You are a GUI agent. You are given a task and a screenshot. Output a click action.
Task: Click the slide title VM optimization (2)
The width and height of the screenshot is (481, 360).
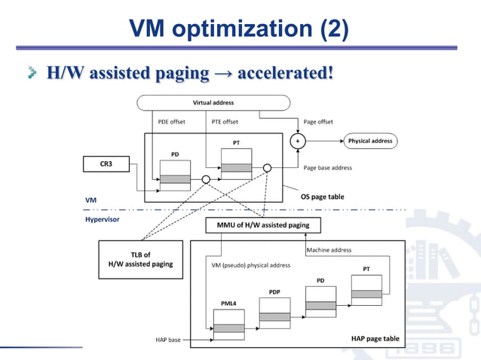coord(239,29)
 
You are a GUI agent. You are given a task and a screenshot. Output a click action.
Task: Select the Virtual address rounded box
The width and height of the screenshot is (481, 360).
coord(213,102)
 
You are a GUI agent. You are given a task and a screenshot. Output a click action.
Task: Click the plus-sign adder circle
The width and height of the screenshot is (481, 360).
coord(297,141)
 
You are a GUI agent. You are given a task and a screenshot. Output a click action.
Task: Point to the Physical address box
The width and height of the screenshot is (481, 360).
coord(369,141)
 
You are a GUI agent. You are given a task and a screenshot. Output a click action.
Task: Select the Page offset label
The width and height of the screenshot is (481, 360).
coord(318,121)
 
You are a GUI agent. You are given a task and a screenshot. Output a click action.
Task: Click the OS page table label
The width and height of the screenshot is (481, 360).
coord(322,197)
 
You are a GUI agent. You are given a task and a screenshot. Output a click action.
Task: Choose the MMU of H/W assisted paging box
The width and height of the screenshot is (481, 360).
coord(263,224)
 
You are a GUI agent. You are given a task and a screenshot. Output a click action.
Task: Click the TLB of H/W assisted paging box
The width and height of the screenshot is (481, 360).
coord(141,259)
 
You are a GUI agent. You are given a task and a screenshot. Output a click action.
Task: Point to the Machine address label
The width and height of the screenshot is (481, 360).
coord(329,250)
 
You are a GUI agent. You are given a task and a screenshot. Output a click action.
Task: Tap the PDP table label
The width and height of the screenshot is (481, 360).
coord(274,291)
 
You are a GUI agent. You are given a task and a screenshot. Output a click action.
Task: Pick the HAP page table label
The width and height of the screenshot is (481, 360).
coord(375,339)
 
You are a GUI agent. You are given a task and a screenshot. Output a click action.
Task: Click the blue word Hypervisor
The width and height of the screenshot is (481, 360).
coord(102,219)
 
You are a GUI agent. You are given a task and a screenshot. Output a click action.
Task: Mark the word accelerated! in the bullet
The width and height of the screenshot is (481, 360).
coord(285,73)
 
